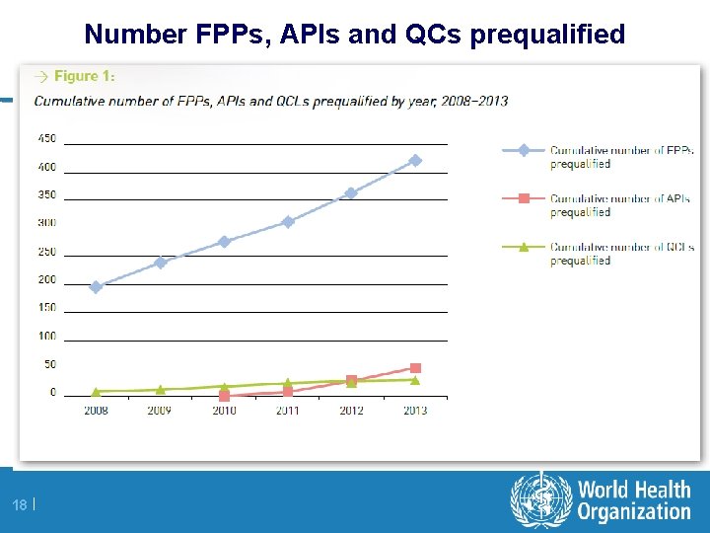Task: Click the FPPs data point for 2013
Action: (415, 160)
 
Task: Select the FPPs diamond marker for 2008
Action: (96, 287)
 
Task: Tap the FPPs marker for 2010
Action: (224, 241)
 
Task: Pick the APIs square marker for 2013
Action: (415, 368)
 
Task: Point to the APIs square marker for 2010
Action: (224, 396)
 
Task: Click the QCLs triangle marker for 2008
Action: (96, 391)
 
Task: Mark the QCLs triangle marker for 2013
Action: (415, 379)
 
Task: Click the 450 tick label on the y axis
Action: (46, 138)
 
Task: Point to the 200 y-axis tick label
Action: (46, 279)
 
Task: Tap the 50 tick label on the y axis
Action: (49, 364)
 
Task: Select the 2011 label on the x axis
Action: (287, 410)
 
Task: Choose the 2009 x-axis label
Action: (160, 410)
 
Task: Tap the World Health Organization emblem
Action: (540, 498)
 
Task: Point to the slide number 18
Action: (20, 505)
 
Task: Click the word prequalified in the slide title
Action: (547, 35)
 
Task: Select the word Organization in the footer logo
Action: (634, 511)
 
